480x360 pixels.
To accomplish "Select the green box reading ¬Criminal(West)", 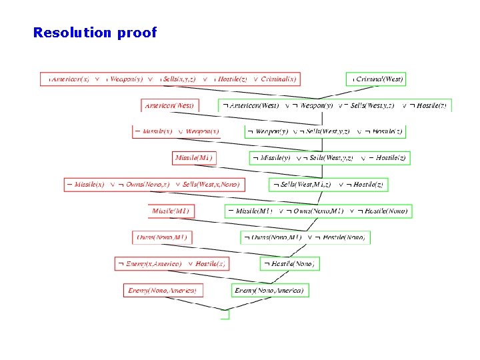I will (378, 79).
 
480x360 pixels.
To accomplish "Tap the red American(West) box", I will (170, 105).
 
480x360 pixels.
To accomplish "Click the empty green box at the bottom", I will (225, 315).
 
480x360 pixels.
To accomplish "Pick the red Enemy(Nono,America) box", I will (163, 290).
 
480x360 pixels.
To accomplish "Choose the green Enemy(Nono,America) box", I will (271, 290).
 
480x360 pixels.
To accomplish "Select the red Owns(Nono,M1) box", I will (163, 237).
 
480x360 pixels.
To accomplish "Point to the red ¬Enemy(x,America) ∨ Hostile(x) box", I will (171, 264).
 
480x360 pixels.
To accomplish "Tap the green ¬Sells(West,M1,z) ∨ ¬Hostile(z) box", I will (328, 184).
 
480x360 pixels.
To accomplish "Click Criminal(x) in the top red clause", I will (279, 79).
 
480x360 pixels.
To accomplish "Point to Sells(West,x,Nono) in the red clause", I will (211, 184).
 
